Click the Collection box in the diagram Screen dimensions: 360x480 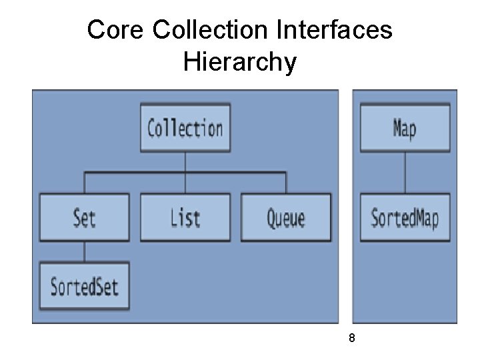tap(185, 127)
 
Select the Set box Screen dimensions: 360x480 tap(84, 217)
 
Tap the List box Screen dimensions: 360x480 tap(185, 217)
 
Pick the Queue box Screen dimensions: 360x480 tap(286, 217)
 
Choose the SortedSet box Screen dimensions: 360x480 tap(84, 286)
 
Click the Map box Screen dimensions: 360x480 tap(405, 127)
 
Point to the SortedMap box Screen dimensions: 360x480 tap(405, 217)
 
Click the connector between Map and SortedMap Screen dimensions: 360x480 tap(405, 172)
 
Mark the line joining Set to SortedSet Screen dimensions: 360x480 tap(84, 251)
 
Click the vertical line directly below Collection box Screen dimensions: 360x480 tap(185, 162)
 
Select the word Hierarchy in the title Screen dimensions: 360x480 tap(239, 62)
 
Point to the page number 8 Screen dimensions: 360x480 tap(352, 339)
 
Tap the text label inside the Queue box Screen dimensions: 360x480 tap(286, 218)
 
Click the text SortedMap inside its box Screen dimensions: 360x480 tap(405, 218)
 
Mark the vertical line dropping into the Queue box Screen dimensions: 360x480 tap(286, 183)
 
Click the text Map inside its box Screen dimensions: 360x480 tap(405, 127)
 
